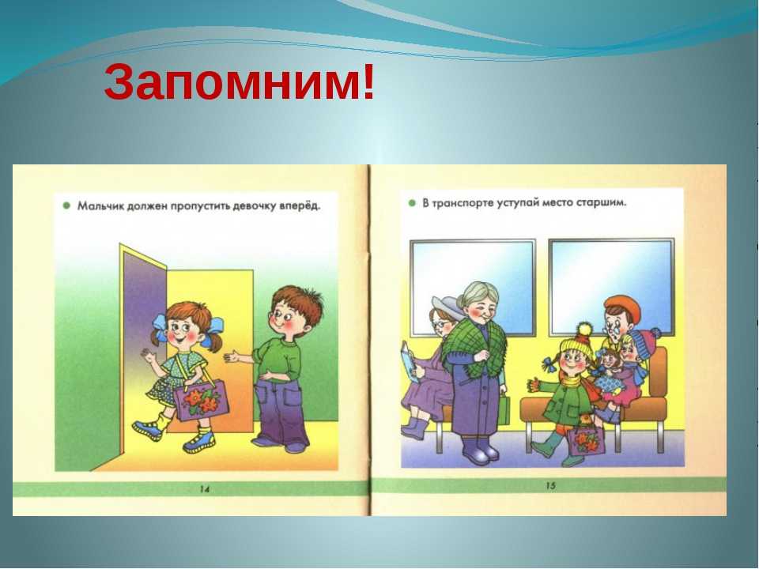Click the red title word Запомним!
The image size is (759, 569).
[240, 81]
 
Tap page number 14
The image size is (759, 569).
[204, 489]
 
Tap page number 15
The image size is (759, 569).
[550, 485]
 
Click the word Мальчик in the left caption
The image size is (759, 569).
[100, 206]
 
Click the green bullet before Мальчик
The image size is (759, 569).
[66, 205]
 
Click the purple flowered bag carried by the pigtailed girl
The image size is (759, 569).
[200, 400]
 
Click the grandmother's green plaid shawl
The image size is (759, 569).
[474, 346]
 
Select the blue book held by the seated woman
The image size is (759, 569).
[408, 361]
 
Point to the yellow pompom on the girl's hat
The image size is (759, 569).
[585, 330]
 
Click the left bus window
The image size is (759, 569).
[473, 287]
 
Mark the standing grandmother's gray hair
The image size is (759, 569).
[480, 294]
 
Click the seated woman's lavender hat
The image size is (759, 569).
[446, 307]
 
